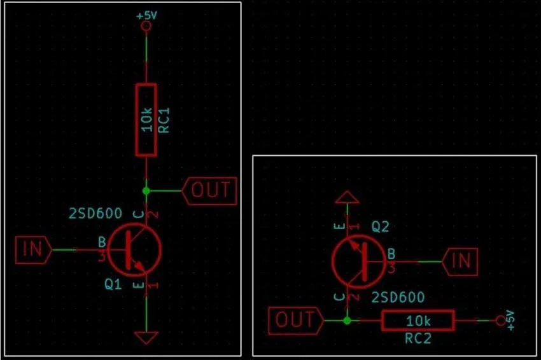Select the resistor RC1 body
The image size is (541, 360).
tap(146, 120)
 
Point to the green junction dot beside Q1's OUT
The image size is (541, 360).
tap(146, 190)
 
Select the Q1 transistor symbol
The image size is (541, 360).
tap(134, 249)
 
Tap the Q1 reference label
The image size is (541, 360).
tap(113, 285)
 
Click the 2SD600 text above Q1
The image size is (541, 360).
tap(95, 214)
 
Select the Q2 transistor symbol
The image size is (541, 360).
tap(358, 261)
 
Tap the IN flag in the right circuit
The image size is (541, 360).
tap(460, 261)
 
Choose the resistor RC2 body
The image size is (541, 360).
tap(418, 321)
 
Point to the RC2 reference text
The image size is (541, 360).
tap(418, 338)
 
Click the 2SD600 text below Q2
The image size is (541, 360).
tap(398, 297)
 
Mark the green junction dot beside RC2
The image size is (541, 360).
tap(347, 321)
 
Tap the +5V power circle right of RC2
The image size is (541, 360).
tap(500, 321)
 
